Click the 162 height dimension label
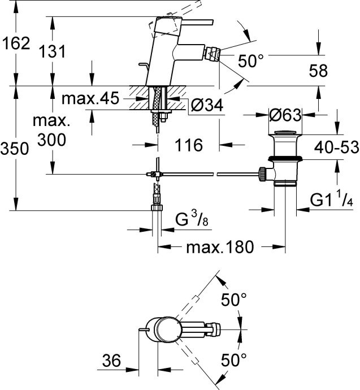click(15, 43)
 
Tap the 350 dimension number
click(15, 149)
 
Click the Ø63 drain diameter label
click(284, 115)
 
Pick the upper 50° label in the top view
click(234, 300)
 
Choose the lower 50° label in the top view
click(234, 359)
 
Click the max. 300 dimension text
click(51, 130)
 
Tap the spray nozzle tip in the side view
click(215, 56)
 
